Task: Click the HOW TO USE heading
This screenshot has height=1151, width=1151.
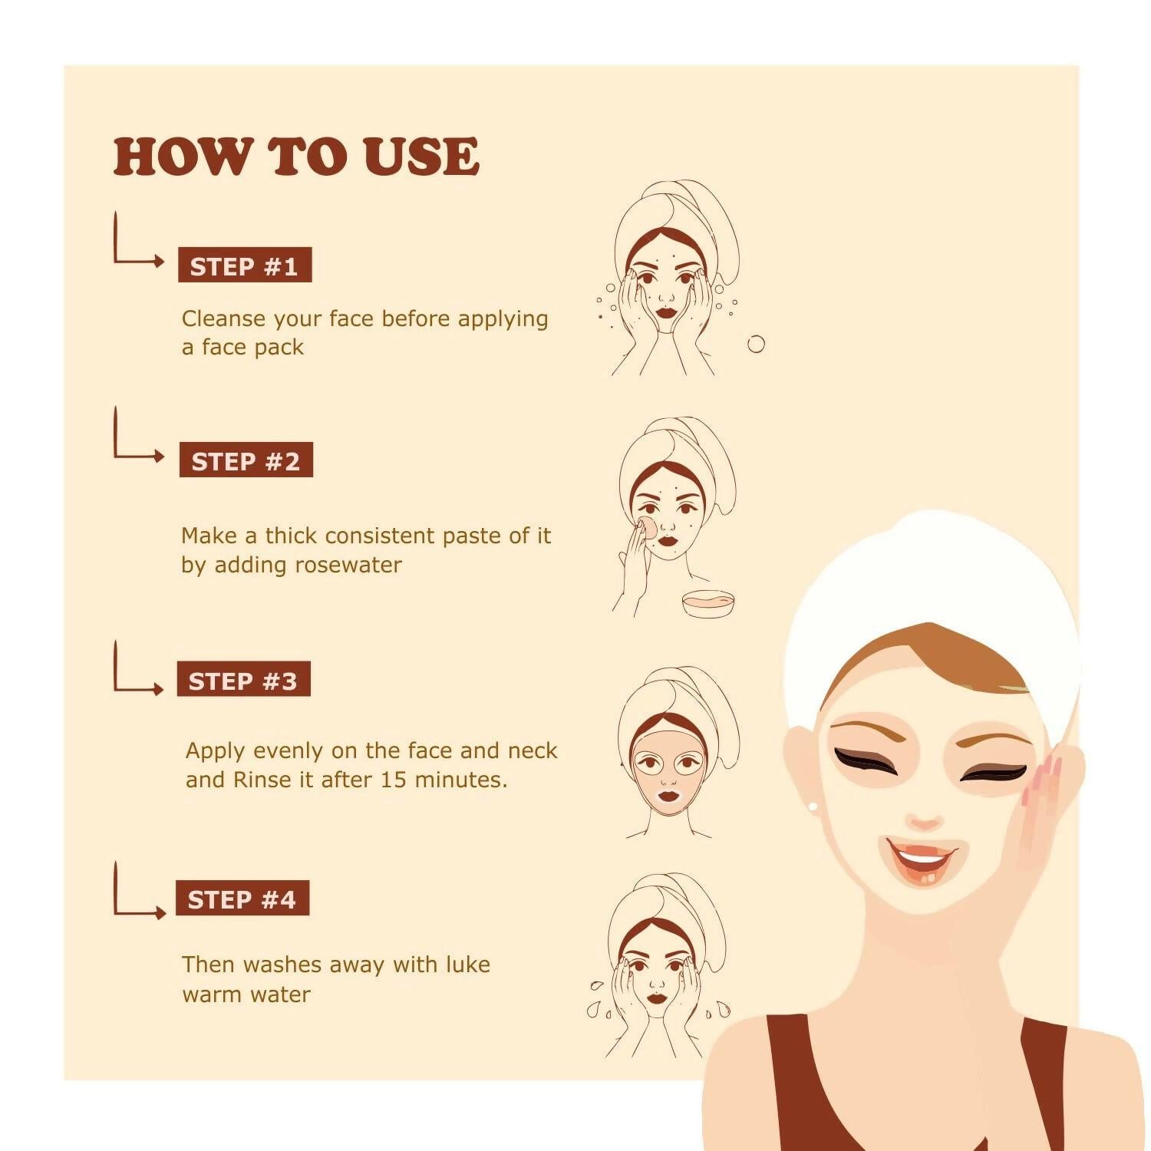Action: [x=296, y=157]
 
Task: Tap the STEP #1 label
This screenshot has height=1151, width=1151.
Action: [x=244, y=265]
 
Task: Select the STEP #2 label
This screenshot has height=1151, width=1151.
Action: [x=246, y=460]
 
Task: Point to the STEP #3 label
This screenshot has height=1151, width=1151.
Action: [x=243, y=680]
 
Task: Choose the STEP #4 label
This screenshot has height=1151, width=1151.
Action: [x=242, y=899]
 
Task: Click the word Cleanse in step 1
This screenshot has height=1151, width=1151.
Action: [x=224, y=318]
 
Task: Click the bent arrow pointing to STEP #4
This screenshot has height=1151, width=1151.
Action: [x=137, y=893]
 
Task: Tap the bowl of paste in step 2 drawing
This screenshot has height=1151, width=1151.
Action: [x=708, y=602]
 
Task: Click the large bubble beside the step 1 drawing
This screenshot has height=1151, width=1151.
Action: [x=756, y=344]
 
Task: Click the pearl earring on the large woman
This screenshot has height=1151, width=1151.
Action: [x=813, y=806]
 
